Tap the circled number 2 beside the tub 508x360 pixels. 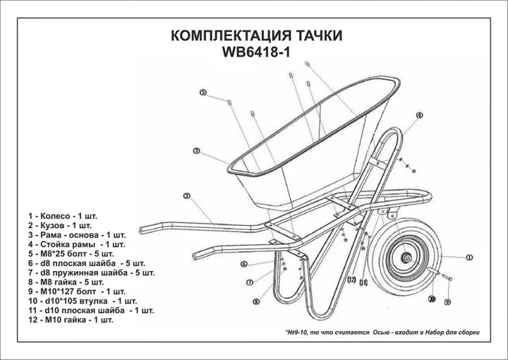point(195,150)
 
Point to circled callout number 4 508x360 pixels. point(418,114)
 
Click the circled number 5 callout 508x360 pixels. point(202,92)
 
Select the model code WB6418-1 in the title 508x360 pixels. point(253,53)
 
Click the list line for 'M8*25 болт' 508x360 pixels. point(75,252)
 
